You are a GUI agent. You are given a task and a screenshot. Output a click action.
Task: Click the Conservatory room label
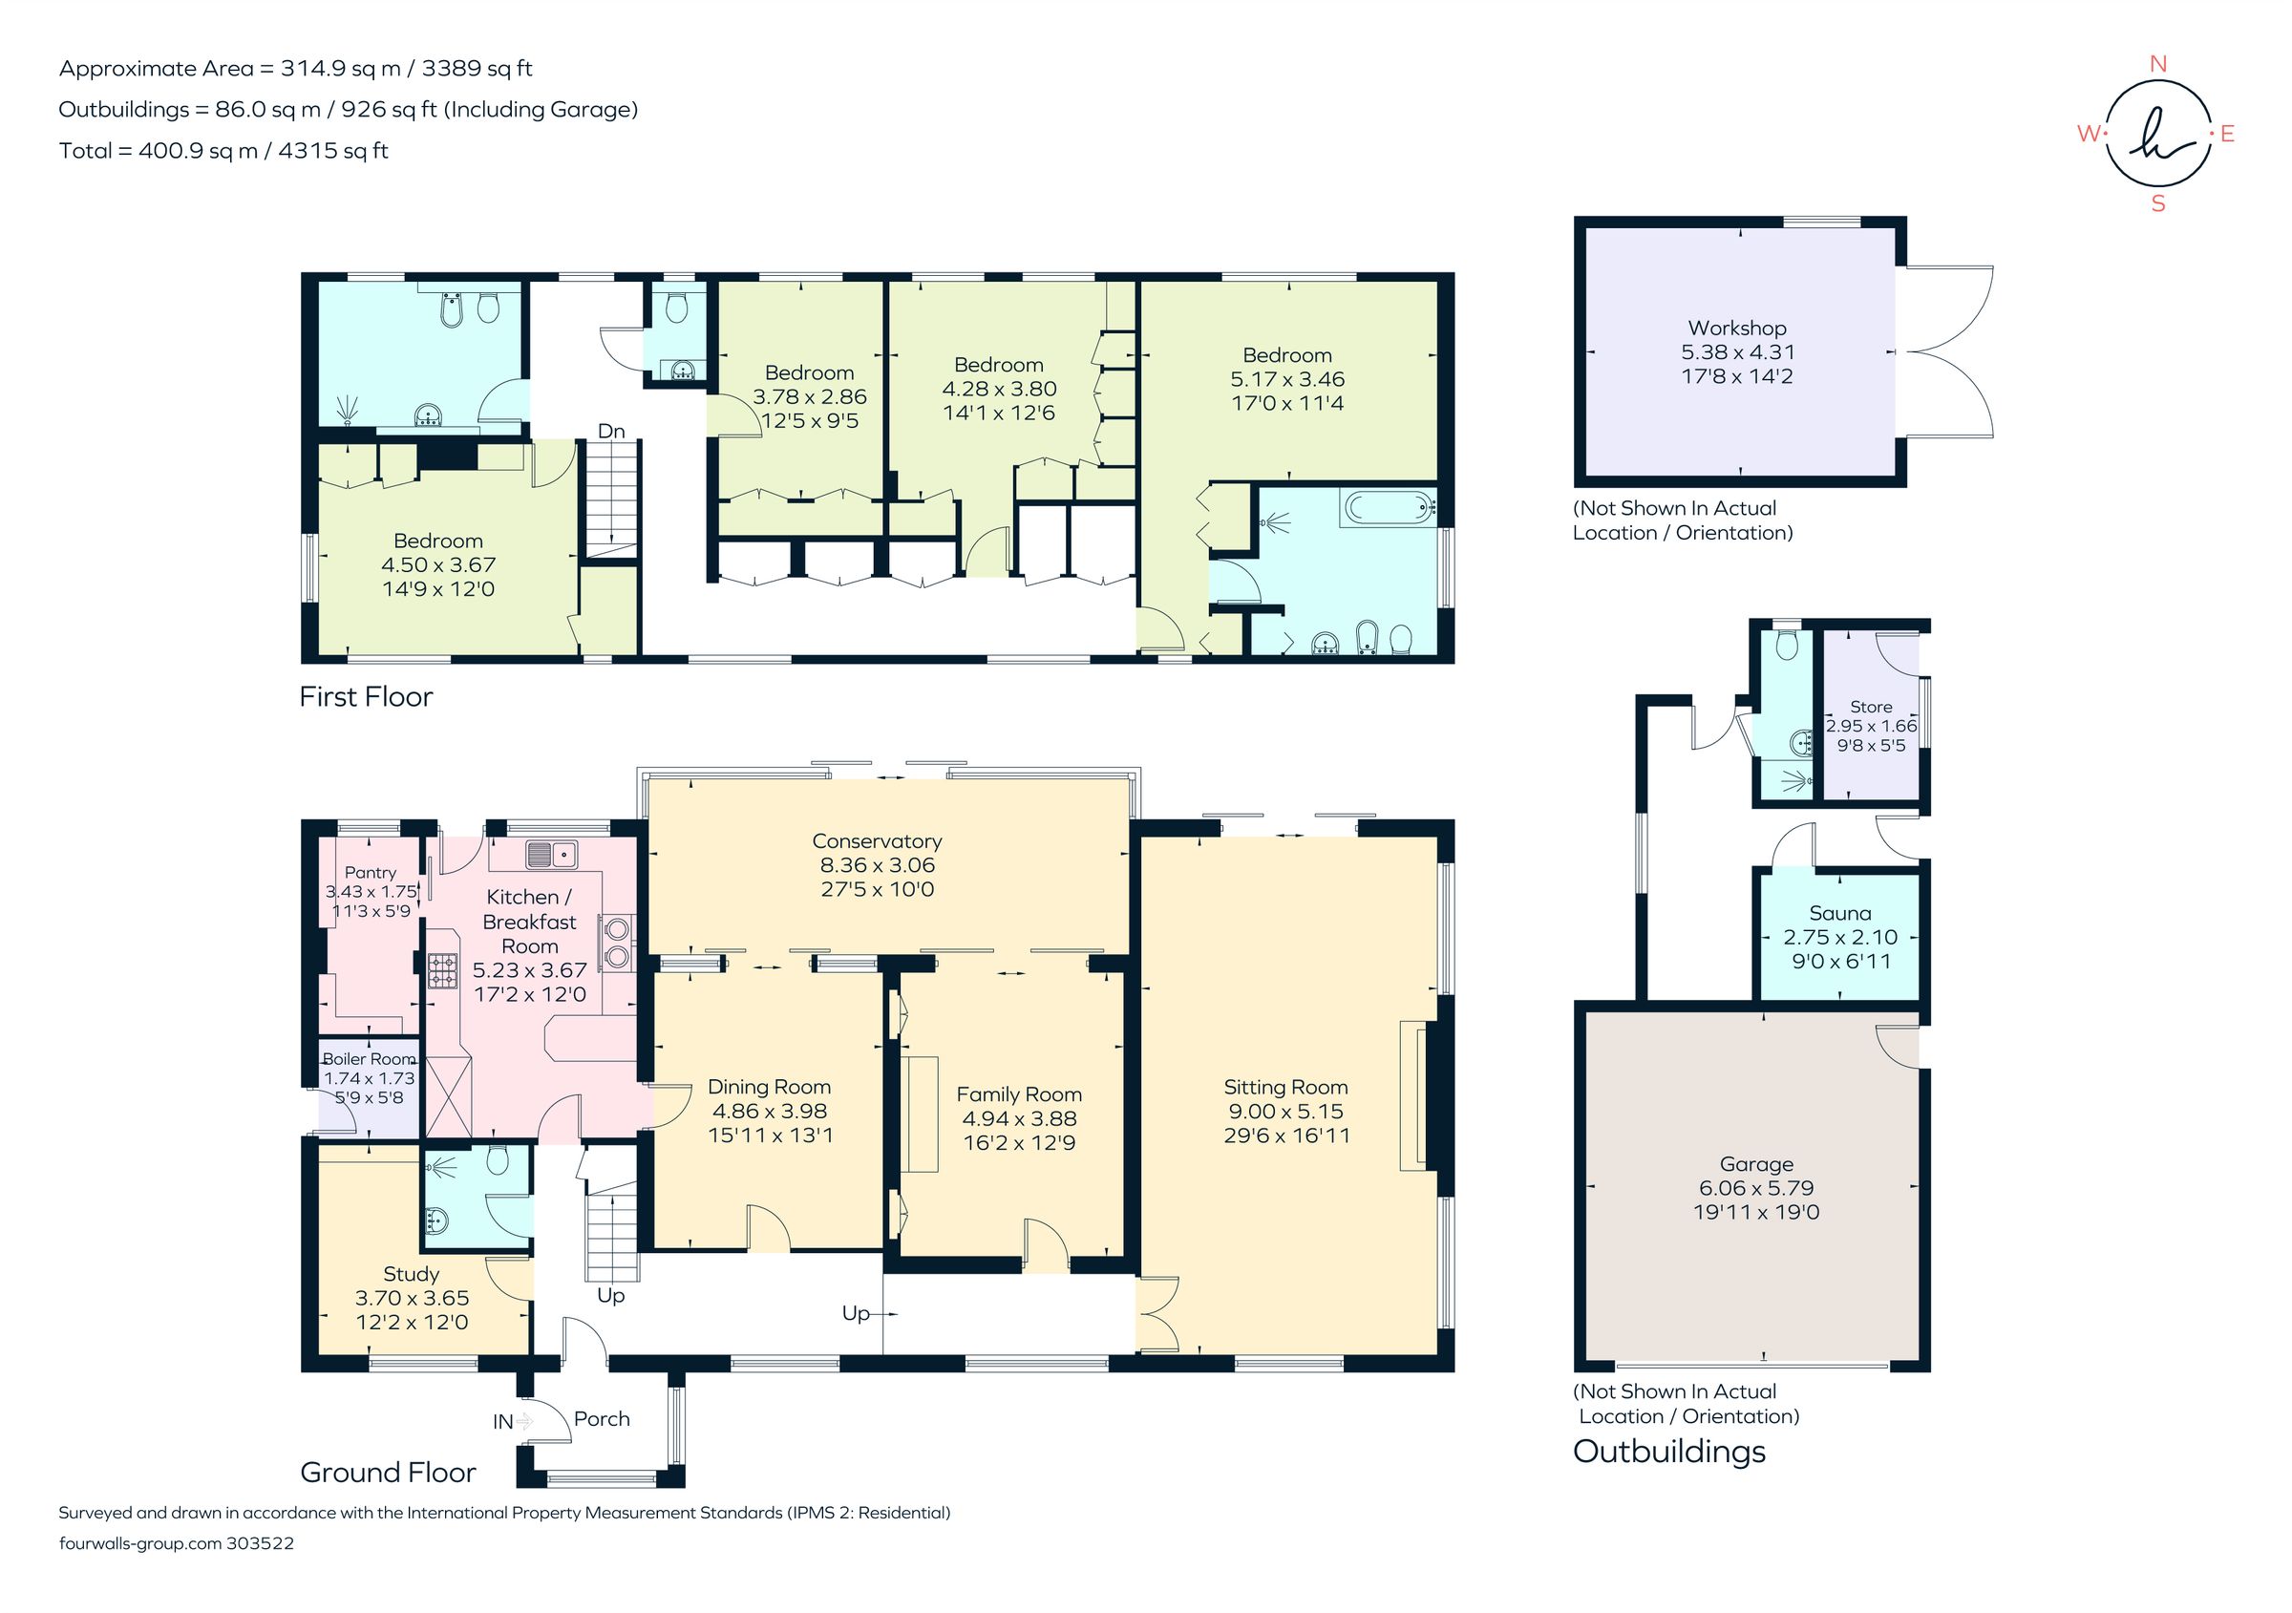[877, 841]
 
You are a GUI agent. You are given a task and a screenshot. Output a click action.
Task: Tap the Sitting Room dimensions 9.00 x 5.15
[1284, 1111]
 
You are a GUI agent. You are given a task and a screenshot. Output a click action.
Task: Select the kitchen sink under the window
[551, 855]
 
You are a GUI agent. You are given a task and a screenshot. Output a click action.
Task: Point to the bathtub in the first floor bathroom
[1389, 507]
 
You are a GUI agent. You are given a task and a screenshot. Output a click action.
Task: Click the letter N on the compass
[2157, 64]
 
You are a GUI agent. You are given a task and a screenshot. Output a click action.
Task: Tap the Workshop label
[1737, 328]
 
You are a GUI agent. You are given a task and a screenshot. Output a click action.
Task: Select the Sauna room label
[1839, 913]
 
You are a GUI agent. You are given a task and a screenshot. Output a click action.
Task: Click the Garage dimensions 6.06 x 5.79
[1756, 1188]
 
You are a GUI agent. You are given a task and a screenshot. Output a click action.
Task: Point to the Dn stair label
[611, 432]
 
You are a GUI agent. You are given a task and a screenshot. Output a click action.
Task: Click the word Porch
[602, 1418]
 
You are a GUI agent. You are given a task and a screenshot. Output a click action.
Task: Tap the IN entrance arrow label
[503, 1421]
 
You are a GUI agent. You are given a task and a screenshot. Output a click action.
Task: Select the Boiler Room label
[369, 1059]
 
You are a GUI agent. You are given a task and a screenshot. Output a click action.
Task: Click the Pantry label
[371, 872]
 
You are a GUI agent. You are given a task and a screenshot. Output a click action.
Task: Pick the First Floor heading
[366, 697]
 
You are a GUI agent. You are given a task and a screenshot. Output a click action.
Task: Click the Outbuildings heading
[1669, 1452]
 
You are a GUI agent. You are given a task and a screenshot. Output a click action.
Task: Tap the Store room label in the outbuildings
[1871, 707]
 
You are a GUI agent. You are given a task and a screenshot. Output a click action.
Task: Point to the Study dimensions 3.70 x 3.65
[412, 1298]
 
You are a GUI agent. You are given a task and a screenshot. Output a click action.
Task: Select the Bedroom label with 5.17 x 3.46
[1286, 355]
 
